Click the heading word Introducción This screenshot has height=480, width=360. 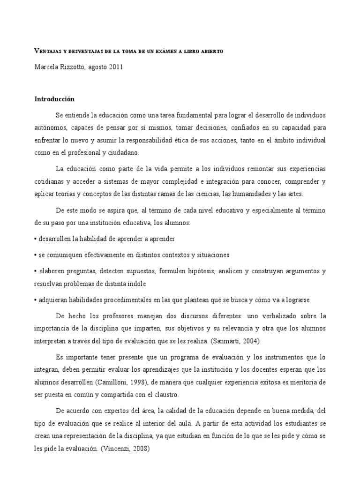[54, 99]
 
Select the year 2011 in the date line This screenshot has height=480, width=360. [116, 67]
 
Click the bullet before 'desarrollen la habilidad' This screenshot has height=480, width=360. [36, 239]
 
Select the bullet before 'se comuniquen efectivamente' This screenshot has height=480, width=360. [36, 255]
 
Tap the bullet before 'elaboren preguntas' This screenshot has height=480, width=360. [36, 271]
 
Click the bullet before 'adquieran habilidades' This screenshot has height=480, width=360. [36, 300]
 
